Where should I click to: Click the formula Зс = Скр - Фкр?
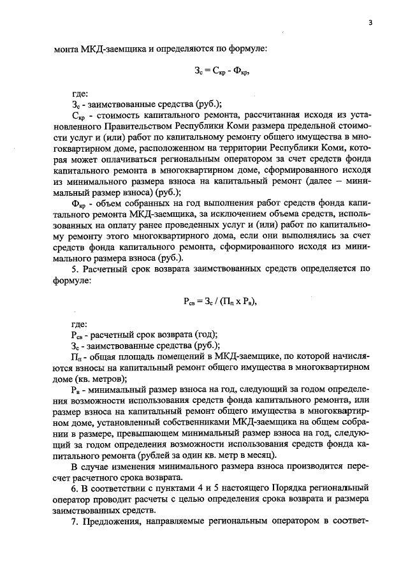[x=221, y=72]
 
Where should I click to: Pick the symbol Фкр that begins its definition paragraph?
[x=79, y=200]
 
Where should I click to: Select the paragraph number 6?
[x=74, y=487]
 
